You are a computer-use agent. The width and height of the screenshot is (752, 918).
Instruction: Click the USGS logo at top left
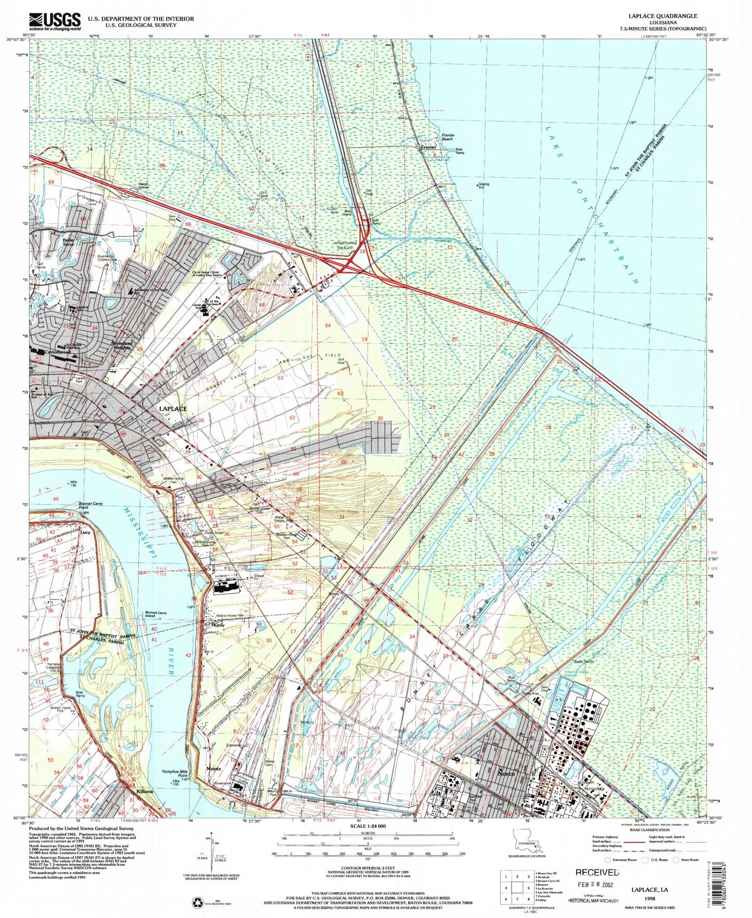[x=55, y=22]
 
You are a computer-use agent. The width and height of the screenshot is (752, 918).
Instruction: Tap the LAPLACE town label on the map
[x=172, y=409]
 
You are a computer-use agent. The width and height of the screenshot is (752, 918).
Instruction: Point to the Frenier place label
[x=428, y=147]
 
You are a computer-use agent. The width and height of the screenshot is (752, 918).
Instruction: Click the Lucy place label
[x=86, y=533]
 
